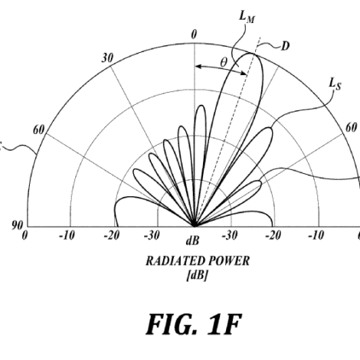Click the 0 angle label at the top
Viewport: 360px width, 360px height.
[x=195, y=34]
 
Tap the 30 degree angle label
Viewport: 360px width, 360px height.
[x=107, y=58]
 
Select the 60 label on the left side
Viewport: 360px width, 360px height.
[x=39, y=130]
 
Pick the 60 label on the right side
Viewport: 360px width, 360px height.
[x=351, y=127]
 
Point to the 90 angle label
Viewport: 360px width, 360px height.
[x=18, y=225]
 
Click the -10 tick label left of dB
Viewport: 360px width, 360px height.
[x=67, y=235]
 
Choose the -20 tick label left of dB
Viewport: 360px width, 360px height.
[x=112, y=235]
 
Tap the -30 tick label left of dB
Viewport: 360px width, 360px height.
[x=152, y=235]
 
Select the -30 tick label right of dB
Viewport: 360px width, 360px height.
[x=230, y=235]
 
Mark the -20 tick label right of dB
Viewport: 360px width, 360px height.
[x=273, y=235]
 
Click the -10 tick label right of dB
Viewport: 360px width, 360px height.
[x=316, y=235]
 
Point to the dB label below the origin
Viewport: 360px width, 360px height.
[x=193, y=241]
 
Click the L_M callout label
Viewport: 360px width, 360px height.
[x=247, y=17]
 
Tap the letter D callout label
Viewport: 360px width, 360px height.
[x=286, y=46]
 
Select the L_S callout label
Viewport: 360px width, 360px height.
[x=335, y=84]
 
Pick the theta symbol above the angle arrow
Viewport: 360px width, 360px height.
[x=224, y=62]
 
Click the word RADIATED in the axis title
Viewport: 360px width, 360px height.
[x=175, y=261]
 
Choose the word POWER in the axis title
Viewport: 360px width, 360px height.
[x=229, y=261]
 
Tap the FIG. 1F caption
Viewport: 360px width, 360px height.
[x=194, y=324]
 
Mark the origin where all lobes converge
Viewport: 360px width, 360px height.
[x=195, y=226]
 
